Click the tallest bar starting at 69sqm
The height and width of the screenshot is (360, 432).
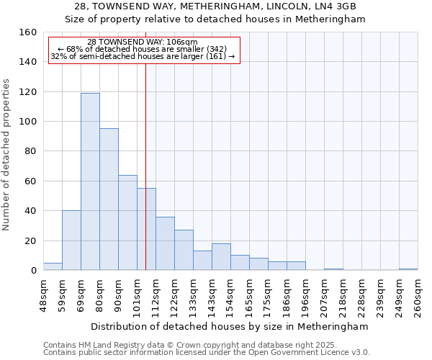coord(90,181)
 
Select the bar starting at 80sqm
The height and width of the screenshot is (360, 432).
coord(109,199)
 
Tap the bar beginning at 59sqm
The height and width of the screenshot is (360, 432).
coord(71,240)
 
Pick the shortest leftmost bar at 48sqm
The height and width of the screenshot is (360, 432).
coord(53,267)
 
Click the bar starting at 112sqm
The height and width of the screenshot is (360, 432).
coord(165,243)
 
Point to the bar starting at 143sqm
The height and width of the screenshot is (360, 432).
coord(221,257)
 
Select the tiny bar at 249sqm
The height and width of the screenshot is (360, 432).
coord(408,269)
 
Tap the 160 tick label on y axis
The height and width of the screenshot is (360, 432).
coord(27,32)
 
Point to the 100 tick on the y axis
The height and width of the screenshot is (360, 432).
coord(27,122)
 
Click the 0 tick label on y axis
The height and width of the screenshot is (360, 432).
coord(33,271)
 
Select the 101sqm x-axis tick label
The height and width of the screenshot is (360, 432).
coord(137,294)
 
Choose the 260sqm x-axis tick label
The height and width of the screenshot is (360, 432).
coord(418,294)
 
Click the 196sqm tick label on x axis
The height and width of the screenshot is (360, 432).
coord(305,294)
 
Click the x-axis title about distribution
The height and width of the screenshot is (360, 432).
coord(229,326)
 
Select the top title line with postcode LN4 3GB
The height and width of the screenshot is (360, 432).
coord(215,6)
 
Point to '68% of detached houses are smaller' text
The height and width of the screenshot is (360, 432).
coord(142,49)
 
